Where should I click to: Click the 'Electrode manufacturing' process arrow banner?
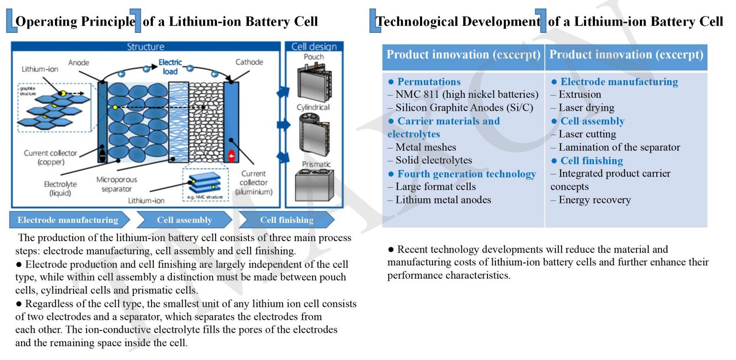point(68,220)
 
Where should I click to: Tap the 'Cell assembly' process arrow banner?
point(184,220)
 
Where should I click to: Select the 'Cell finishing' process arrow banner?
point(286,220)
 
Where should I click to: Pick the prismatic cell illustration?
point(314,185)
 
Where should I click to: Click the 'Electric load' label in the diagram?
point(170,67)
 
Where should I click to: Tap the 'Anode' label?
point(79,63)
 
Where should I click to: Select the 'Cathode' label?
point(249,62)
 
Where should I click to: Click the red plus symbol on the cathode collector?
point(232,156)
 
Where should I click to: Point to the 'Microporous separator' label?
point(116,184)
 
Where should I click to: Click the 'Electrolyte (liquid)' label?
point(60,189)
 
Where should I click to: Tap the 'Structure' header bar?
point(145,46)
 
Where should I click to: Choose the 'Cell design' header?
point(314,46)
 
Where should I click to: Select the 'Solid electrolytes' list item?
point(433,160)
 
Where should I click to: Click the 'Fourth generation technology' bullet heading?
point(466,174)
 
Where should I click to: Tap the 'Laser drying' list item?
point(586,108)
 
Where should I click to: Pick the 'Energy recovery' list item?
point(594,200)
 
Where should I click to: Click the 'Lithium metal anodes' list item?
point(443,200)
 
